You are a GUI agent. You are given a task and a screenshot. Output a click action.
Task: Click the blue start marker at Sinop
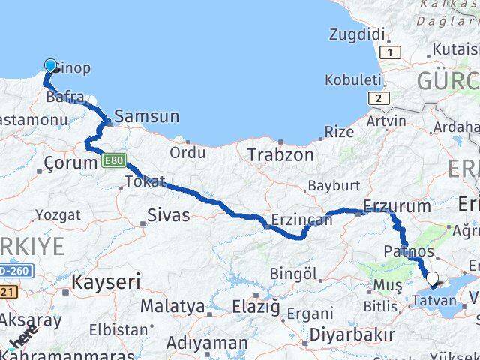[51, 67]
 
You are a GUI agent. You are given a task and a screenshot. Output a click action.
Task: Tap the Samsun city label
[145, 117]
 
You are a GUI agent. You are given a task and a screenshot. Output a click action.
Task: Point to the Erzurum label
[397, 205]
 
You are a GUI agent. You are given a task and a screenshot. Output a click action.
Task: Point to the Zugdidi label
[357, 34]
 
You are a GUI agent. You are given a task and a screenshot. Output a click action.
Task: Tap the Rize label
[338, 132]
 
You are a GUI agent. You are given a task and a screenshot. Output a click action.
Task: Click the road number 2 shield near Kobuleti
[380, 98]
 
